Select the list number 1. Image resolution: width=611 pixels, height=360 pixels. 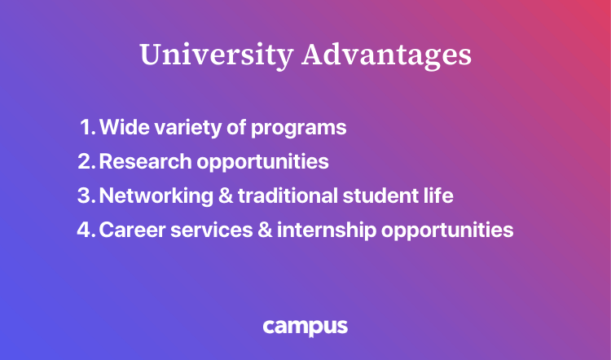point(87,128)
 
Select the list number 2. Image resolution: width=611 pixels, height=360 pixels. point(86,161)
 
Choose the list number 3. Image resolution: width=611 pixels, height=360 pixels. point(86,195)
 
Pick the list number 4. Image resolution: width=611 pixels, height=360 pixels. point(86,230)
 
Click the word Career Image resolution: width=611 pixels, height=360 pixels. point(128,230)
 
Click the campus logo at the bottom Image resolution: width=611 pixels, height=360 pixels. point(305,327)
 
